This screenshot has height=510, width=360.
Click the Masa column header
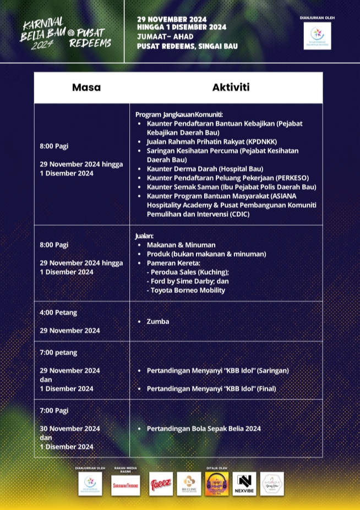(86, 87)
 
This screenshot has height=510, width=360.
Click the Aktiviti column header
(231, 87)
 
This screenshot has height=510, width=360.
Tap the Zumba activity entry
(158, 321)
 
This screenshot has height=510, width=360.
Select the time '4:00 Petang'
(58, 312)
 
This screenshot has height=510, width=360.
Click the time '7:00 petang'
(58, 352)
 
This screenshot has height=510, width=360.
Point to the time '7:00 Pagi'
(54, 410)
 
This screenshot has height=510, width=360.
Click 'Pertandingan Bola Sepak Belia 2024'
(204, 429)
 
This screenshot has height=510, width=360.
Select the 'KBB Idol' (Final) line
(211, 388)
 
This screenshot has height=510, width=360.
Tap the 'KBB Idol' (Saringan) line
(217, 371)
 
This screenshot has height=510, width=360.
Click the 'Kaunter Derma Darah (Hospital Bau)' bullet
(205, 169)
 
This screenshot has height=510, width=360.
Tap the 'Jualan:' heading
(145, 235)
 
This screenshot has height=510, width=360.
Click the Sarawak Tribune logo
(126, 484)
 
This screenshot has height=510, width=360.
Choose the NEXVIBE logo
(244, 484)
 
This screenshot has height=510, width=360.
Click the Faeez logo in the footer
(161, 484)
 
